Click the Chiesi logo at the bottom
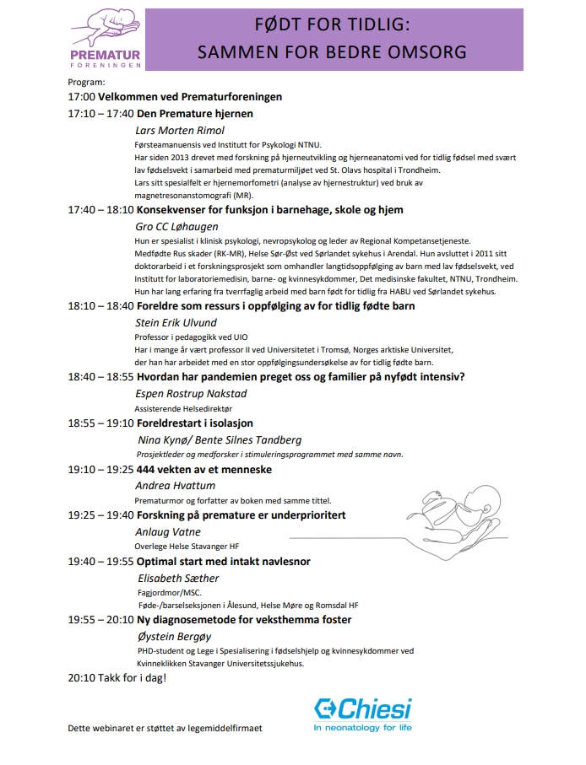point(362,713)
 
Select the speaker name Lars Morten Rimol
point(180,131)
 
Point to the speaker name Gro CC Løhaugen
point(176,227)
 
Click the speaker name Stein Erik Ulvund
point(176,323)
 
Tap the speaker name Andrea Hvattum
point(175,486)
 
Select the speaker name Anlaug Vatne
point(168,532)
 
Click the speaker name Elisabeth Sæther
point(178,579)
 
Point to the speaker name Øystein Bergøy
point(173,637)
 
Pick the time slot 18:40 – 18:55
point(100,376)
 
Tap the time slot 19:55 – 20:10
point(100,620)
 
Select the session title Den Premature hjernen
point(183,114)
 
